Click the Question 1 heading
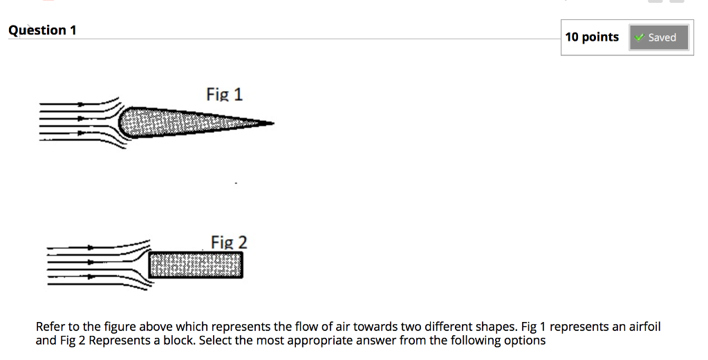pyautogui.click(x=42, y=30)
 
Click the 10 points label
pyautogui.click(x=592, y=37)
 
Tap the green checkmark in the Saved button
pyautogui.click(x=640, y=37)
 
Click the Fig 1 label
pyautogui.click(x=224, y=94)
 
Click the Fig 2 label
pyautogui.click(x=229, y=243)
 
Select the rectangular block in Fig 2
pyautogui.click(x=196, y=265)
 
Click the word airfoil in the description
pyautogui.click(x=642, y=327)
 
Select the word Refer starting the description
pyautogui.click(x=50, y=327)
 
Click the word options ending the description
pyautogui.click(x=523, y=341)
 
